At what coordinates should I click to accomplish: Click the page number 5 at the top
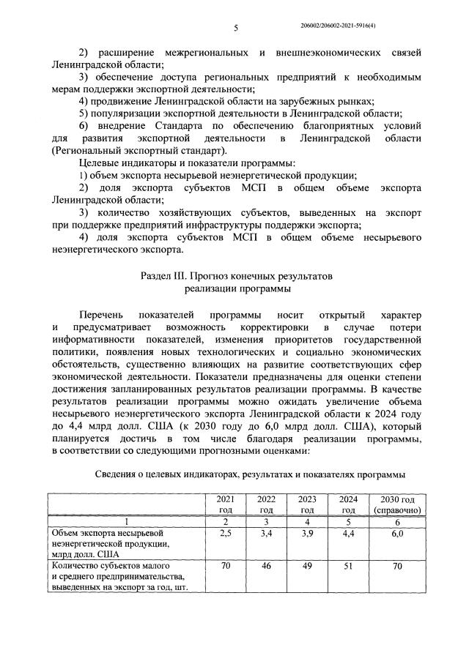[236, 28]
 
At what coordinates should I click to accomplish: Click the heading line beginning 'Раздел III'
[236, 277]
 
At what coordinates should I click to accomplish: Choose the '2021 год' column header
[226, 504]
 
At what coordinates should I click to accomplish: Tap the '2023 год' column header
[308, 504]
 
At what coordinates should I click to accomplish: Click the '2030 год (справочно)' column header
[396, 504]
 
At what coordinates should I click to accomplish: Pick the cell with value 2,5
[226, 534]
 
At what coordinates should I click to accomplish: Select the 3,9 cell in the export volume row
[308, 534]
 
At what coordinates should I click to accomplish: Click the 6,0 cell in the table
[396, 534]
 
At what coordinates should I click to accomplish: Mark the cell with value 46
[267, 566]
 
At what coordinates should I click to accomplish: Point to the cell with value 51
[348, 566]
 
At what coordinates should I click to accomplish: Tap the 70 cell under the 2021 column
[226, 566]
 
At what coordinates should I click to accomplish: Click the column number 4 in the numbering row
[308, 521]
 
